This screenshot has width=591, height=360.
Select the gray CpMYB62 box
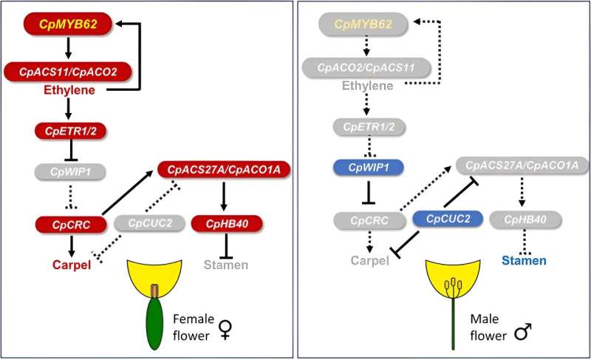[363, 26]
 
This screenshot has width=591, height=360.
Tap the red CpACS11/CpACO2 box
[69, 72]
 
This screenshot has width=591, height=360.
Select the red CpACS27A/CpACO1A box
[223, 171]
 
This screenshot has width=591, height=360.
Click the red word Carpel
[71, 263]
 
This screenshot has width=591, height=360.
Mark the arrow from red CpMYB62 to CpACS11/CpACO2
[68, 48]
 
